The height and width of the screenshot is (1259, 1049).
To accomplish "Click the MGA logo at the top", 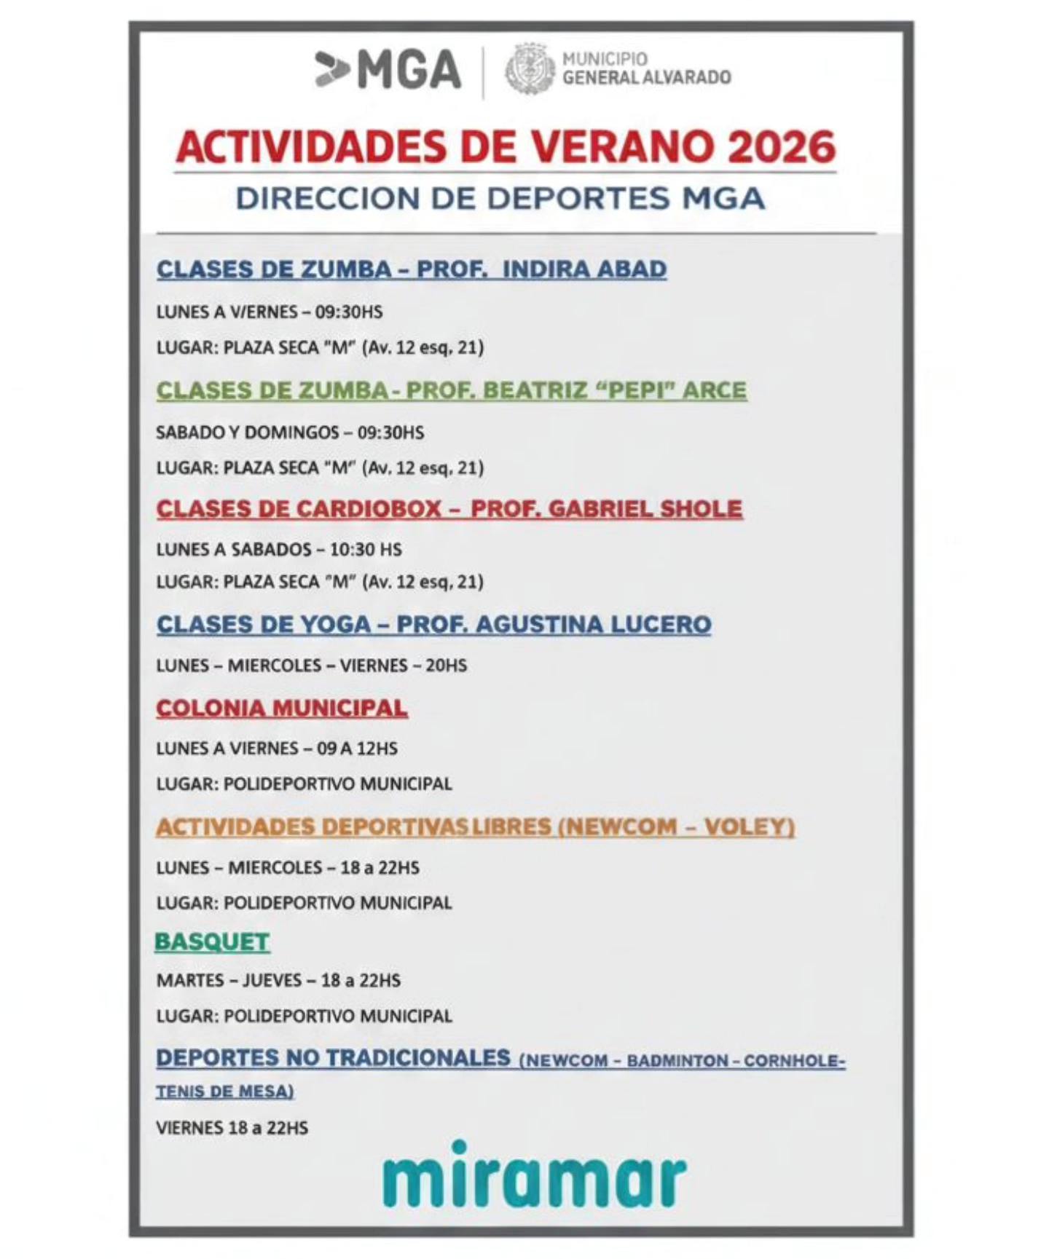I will (x=388, y=71).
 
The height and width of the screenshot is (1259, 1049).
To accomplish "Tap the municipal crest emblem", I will (x=530, y=69).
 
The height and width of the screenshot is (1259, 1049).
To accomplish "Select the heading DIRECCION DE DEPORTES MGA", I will (x=500, y=199).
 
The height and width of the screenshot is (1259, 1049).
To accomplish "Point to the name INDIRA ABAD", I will (x=584, y=269).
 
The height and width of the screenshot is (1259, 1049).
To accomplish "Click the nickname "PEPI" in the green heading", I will (x=633, y=390).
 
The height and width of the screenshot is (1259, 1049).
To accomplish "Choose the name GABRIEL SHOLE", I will (x=645, y=509).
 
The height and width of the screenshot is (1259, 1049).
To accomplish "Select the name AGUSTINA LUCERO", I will (x=593, y=625).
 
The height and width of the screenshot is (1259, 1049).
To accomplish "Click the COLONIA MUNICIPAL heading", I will (x=281, y=709).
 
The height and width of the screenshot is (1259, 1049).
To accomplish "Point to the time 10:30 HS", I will (x=366, y=550).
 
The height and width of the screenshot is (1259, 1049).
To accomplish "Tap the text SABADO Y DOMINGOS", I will (x=248, y=433).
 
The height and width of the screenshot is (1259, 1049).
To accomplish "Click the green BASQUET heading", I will (x=212, y=942).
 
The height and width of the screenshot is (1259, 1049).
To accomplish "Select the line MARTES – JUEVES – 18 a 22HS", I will (x=278, y=981).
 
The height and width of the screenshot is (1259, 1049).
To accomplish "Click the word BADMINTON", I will (x=677, y=1061).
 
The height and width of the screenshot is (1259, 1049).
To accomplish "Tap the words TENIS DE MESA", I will (x=224, y=1092).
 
